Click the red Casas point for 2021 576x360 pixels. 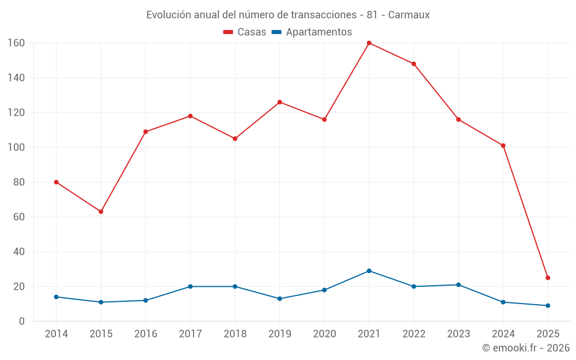pos(369,43)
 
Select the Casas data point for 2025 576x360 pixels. pos(548,278)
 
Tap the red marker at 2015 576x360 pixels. pos(101,211)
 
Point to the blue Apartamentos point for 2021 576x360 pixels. pos(369,271)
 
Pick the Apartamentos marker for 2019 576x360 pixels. pos(279,298)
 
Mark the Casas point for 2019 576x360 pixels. pos(279,102)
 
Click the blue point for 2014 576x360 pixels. pos(56,297)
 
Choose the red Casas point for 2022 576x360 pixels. pos(414,64)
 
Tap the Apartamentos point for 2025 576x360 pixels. pos(548,305)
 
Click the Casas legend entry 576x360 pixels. pos(245,32)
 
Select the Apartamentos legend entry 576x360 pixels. pos(312,32)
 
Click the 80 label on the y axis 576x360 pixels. pos(19,183)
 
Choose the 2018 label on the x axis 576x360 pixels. pos(235,334)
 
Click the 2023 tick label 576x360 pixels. pos(458,334)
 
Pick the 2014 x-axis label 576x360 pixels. pos(56,334)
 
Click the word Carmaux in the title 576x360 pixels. pos(408,15)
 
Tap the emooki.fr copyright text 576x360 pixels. pos(526,348)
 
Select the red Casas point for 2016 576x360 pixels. pos(146,132)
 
